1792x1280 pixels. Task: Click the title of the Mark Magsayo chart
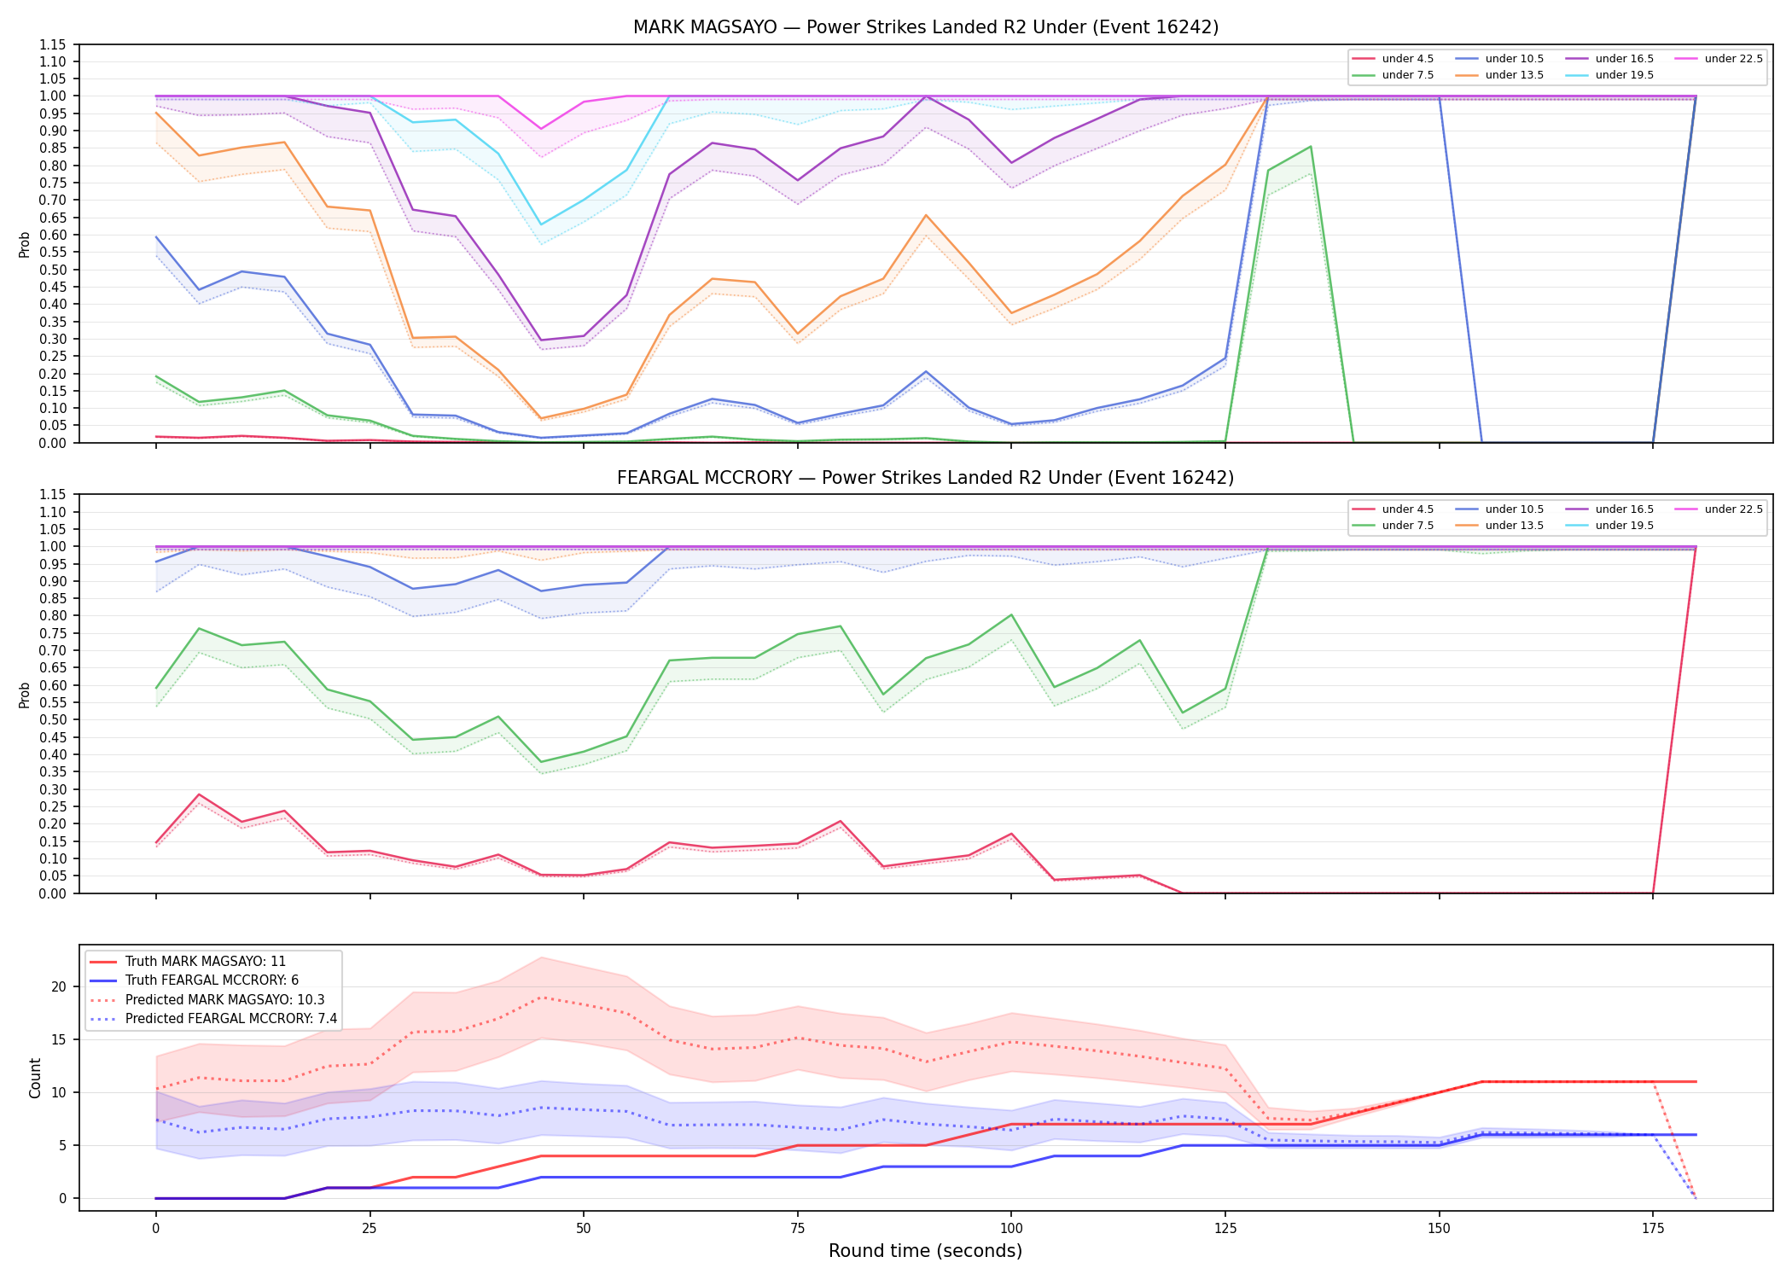pyautogui.click(x=926, y=27)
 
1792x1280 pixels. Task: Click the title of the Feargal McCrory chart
pyautogui.click(x=926, y=478)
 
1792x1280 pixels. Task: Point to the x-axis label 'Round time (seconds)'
pyautogui.click(x=926, y=1251)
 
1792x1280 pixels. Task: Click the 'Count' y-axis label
pyautogui.click(x=35, y=1078)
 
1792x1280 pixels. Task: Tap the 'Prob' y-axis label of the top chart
pyautogui.click(x=25, y=244)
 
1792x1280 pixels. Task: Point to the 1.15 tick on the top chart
pyautogui.click(x=53, y=44)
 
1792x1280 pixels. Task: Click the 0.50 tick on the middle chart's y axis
pyautogui.click(x=53, y=719)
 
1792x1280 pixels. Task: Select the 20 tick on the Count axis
pyautogui.click(x=58, y=986)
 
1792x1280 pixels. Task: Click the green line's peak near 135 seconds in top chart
pyautogui.click(x=1311, y=147)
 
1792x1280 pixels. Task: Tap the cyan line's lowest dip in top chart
pyautogui.click(x=540, y=224)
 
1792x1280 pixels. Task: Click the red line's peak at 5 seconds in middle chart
pyautogui.click(x=199, y=794)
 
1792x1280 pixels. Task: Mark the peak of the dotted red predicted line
pyautogui.click(x=540, y=998)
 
